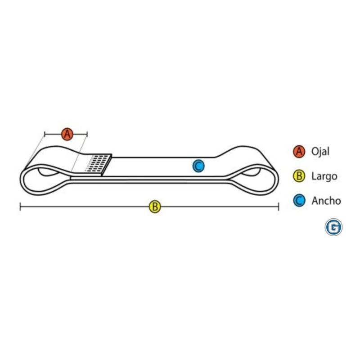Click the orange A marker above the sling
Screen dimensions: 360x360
67,134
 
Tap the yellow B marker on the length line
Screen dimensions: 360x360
155,207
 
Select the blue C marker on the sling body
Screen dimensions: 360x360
198,166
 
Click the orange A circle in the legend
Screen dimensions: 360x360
299,152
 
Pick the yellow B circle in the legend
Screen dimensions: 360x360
299,176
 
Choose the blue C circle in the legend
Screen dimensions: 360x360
299,200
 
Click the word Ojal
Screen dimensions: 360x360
320,152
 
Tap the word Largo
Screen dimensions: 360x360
324,176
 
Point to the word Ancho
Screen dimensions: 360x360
326,201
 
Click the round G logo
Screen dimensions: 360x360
333,227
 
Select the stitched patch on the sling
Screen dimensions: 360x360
98,164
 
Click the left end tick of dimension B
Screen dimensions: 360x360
20,207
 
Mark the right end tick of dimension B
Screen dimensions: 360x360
279,207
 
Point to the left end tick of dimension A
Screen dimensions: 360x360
45,134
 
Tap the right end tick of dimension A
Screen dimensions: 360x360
87,134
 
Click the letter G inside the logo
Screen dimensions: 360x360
333,228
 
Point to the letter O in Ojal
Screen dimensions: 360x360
315,152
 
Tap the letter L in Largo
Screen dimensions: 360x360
314,176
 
